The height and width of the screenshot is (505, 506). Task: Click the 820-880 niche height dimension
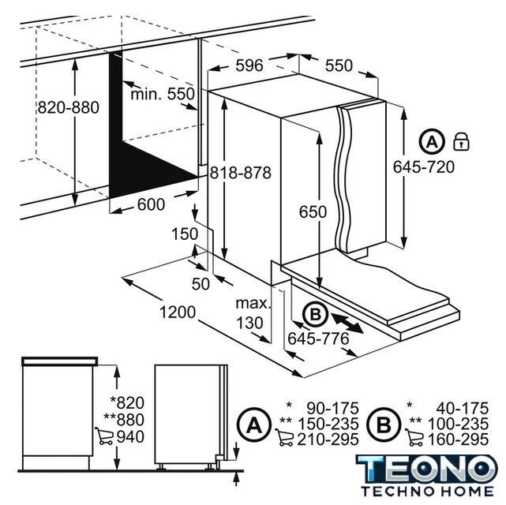[69, 107]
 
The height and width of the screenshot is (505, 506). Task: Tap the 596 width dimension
[249, 65]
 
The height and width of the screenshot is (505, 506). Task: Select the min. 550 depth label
[163, 94]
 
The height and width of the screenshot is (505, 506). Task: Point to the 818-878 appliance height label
[241, 173]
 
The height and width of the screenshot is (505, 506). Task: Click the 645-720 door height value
[423, 166]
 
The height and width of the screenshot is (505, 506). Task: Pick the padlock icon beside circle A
[462, 141]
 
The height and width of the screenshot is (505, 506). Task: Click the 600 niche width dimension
[151, 204]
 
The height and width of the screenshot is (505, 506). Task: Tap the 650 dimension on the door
[313, 212]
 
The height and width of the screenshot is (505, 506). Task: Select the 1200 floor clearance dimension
[178, 312]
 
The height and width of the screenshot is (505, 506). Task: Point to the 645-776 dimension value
[318, 339]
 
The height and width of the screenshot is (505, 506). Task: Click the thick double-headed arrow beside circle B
[347, 324]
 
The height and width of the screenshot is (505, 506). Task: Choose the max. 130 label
[253, 313]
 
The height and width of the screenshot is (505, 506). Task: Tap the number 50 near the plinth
[201, 284]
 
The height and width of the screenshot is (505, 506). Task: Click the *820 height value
[127, 402]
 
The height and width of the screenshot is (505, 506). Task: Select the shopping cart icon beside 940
[104, 436]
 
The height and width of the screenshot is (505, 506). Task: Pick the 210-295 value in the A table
[328, 440]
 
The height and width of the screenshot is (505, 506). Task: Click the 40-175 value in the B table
[463, 409]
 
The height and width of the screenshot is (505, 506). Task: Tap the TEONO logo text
[427, 469]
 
